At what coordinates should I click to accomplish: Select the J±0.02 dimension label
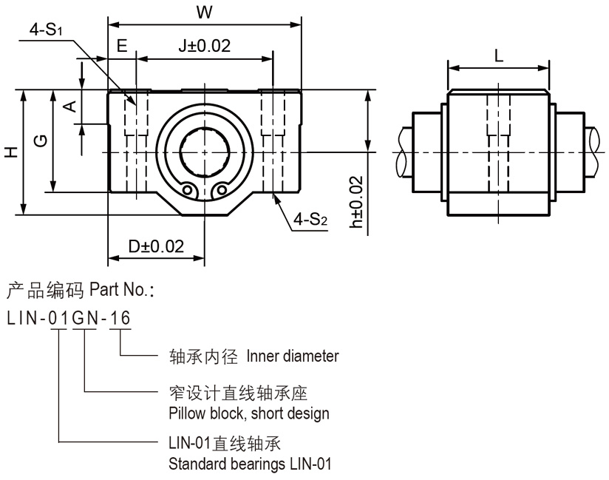[205, 45]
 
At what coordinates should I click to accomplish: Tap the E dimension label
[122, 45]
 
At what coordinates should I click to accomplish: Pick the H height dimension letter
[10, 152]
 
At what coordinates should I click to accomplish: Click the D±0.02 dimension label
[156, 246]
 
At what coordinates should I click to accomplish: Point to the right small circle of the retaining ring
[220, 191]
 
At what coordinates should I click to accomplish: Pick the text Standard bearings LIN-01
[251, 464]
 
